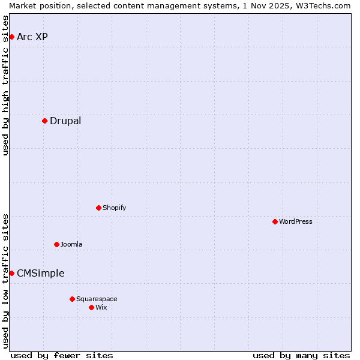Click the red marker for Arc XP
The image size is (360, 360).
pyautogui.click(x=11, y=37)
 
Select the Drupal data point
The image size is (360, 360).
pyautogui.click(x=44, y=121)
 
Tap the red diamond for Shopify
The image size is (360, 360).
pyautogui.click(x=98, y=208)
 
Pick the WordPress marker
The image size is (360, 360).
pyautogui.click(x=275, y=222)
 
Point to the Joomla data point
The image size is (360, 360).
pyautogui.click(x=56, y=245)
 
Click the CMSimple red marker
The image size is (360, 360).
pyautogui.click(x=11, y=274)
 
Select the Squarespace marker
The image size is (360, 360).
pyautogui.click(x=72, y=299)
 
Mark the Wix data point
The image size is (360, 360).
pyautogui.click(x=91, y=308)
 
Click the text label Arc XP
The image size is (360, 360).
pyautogui.click(x=32, y=37)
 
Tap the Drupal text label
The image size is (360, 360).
pyautogui.click(x=65, y=121)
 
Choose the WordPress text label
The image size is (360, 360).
pyautogui.click(x=296, y=222)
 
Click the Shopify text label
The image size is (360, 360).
pyautogui.click(x=115, y=208)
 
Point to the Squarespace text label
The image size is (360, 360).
pyautogui.click(x=97, y=299)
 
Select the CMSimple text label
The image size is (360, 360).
pyautogui.click(x=40, y=274)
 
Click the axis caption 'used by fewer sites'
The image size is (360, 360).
pyautogui.click(x=62, y=355)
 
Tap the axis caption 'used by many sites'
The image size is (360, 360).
pyautogui.click(x=301, y=355)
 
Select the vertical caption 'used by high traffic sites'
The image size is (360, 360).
pyautogui.click(x=6, y=85)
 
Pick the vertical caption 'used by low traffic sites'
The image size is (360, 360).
pyautogui.click(x=6, y=281)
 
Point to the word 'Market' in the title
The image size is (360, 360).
pyautogui.click(x=23, y=5)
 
